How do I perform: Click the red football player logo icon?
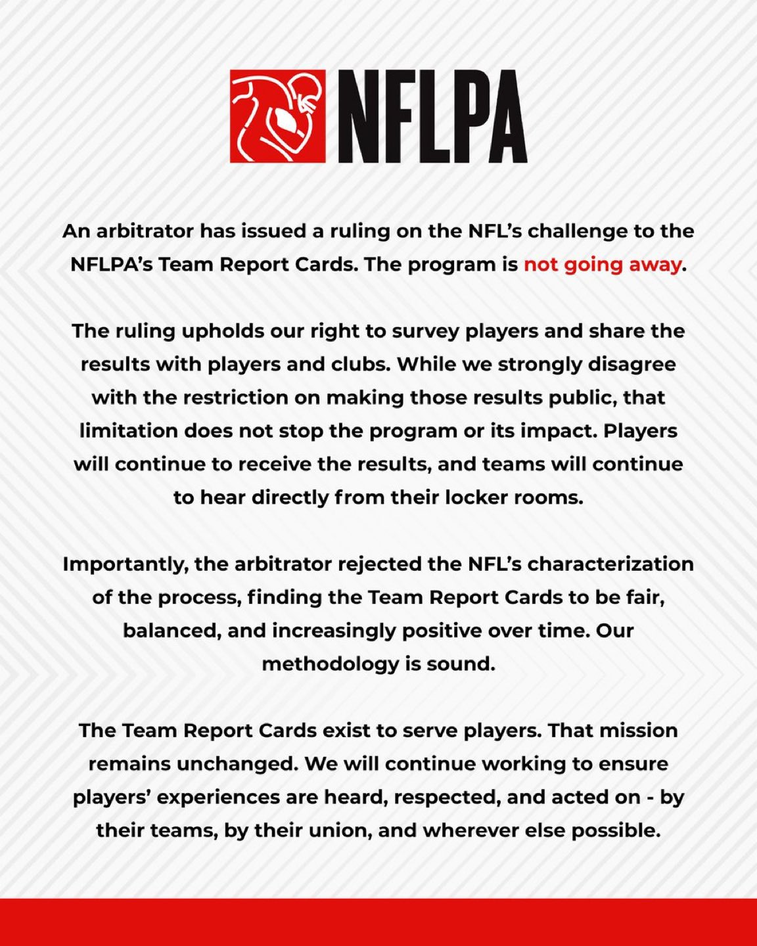[x=277, y=116]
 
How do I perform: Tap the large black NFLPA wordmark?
[x=432, y=117]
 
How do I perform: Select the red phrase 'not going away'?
[x=602, y=264]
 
